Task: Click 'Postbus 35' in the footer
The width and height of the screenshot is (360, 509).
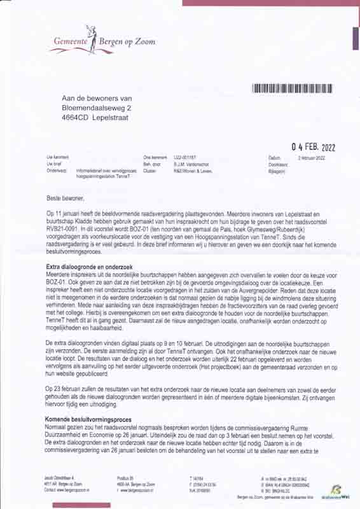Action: coord(128,477)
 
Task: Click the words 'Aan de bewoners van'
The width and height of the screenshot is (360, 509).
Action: coord(96,98)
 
